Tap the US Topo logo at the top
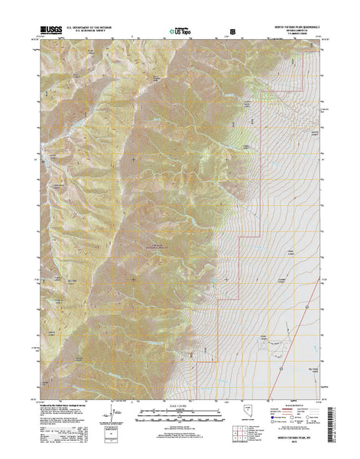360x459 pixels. tap(180, 33)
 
